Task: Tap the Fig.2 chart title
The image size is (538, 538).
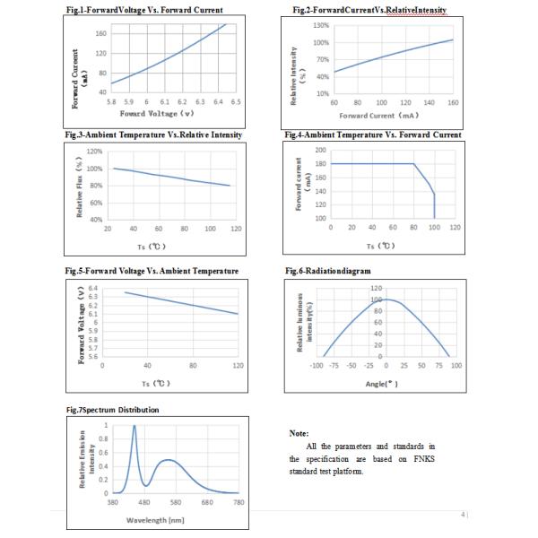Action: (x=369, y=10)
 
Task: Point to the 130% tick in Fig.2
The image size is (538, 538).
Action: (x=321, y=25)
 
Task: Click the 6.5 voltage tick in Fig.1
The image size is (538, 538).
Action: (x=236, y=102)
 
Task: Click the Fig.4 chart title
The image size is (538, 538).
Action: (x=373, y=134)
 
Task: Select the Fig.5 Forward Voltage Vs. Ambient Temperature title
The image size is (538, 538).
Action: (x=152, y=270)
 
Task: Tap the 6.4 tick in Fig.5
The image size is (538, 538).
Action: (x=92, y=287)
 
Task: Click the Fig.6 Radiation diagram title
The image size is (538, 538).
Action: (x=328, y=270)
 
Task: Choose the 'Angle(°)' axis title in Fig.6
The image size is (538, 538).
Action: (x=380, y=383)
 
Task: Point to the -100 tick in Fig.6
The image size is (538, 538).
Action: (x=317, y=366)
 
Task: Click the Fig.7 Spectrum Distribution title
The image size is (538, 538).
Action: (x=115, y=410)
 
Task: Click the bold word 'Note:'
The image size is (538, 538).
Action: (x=299, y=433)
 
